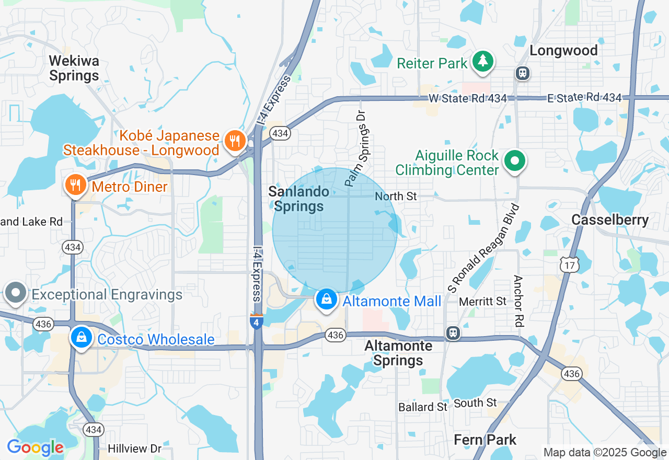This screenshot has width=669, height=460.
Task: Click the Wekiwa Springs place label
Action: pos(74,68)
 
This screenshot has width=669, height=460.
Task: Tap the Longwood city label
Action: pos(563,51)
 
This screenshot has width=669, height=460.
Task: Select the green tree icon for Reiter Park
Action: pos(483,61)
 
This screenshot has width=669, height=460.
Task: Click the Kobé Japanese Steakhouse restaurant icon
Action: pos(235,141)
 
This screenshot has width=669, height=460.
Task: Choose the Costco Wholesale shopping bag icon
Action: pos(82,337)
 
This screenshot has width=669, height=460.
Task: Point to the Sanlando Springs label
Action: pos(299,199)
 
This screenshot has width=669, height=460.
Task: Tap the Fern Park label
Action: pos(485,440)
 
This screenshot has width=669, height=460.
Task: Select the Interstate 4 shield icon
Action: pos(256,321)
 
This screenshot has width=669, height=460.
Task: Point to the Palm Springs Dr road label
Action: pos(357,148)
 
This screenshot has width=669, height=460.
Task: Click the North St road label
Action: pos(396,196)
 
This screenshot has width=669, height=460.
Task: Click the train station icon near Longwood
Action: pos(522,73)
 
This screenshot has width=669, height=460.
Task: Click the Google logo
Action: pos(35,448)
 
